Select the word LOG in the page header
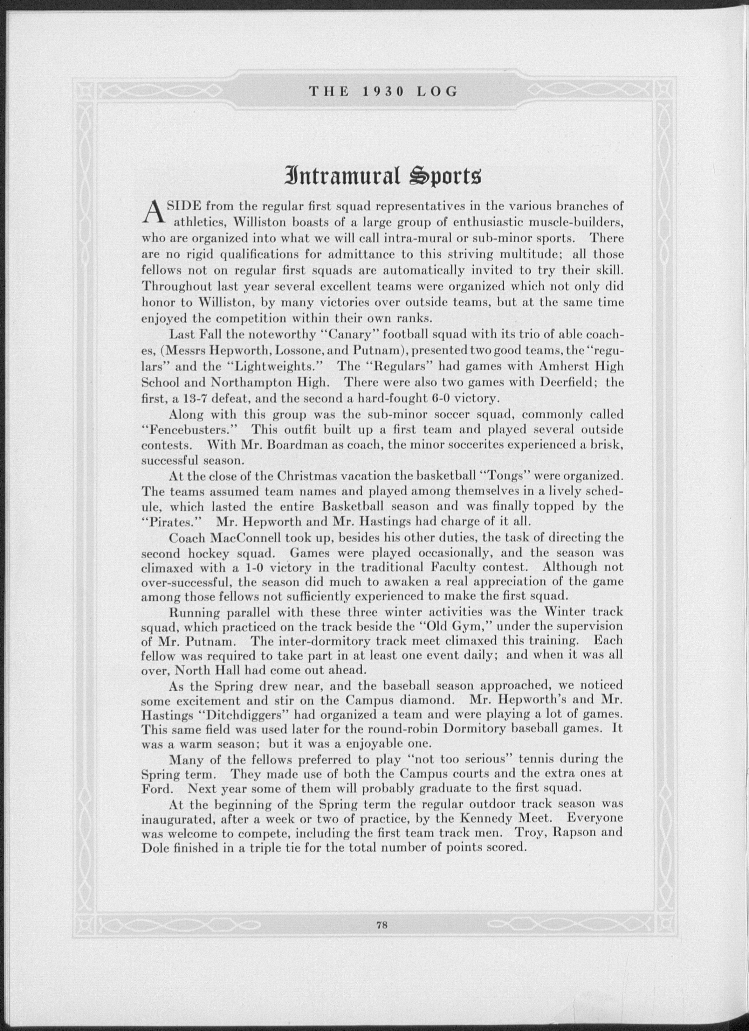tap(436, 92)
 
